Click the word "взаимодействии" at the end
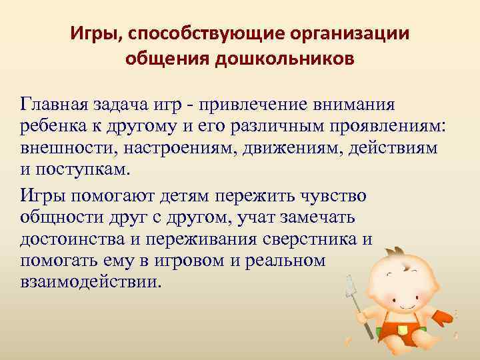point(91,281)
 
